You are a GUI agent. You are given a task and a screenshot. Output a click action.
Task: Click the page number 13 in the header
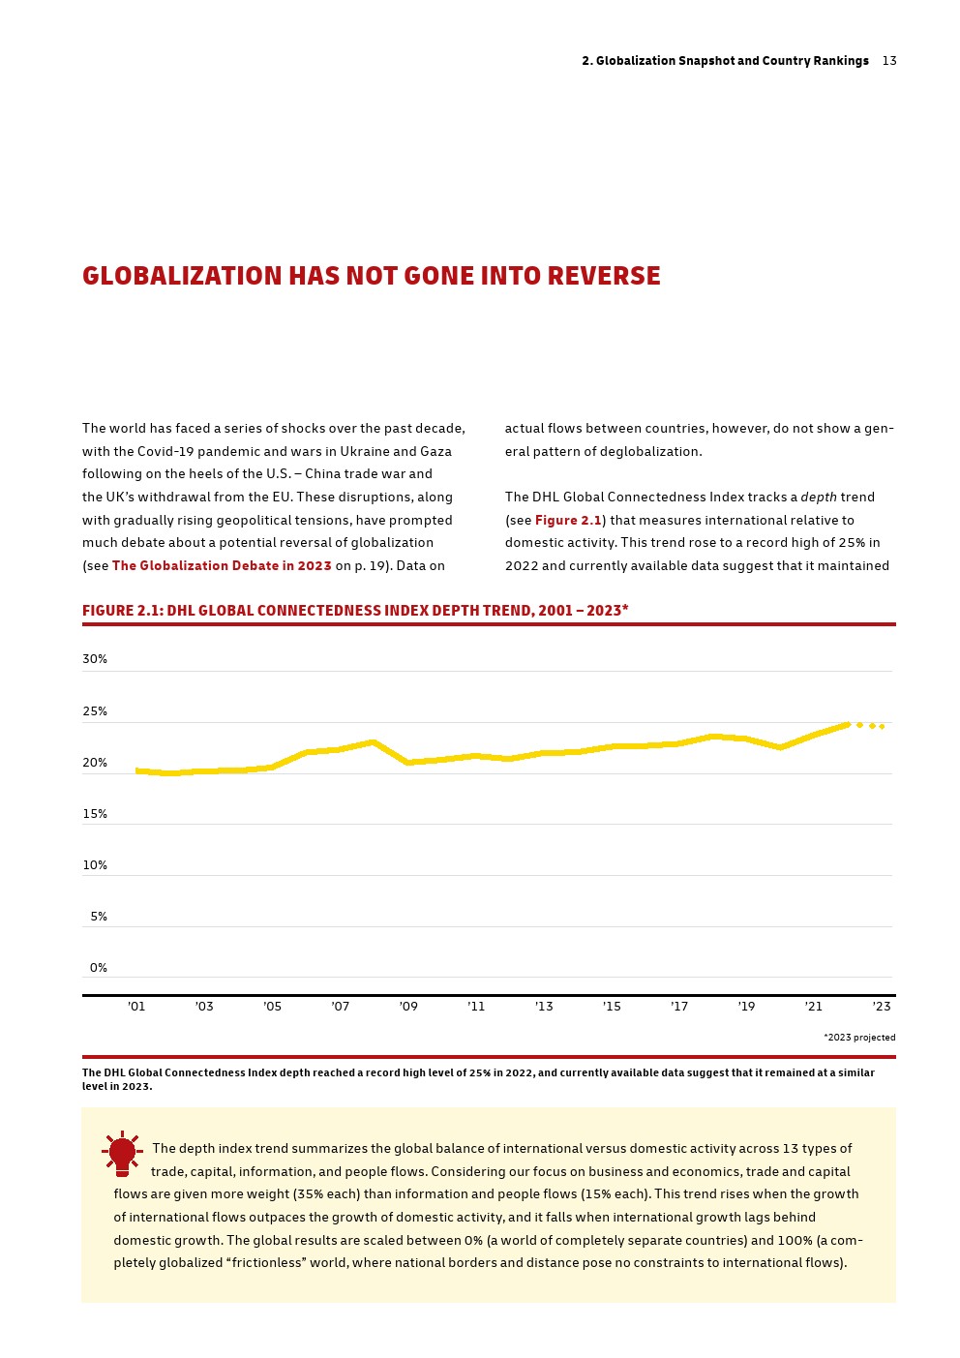(x=889, y=61)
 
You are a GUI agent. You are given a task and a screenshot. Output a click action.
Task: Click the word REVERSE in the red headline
(x=604, y=276)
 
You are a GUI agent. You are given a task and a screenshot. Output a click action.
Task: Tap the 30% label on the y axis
(x=95, y=659)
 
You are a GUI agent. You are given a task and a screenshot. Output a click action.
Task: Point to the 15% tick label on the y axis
(x=95, y=814)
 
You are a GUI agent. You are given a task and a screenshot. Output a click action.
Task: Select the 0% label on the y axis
(x=99, y=968)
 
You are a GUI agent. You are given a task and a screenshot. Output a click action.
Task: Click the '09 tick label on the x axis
(x=408, y=1007)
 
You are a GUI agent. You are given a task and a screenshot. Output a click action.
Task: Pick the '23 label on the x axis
(x=882, y=1007)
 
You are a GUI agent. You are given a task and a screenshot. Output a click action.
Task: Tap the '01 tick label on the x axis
(x=136, y=1007)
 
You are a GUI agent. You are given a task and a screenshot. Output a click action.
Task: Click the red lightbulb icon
(x=122, y=1153)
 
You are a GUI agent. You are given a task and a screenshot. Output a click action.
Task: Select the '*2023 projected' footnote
(x=859, y=1038)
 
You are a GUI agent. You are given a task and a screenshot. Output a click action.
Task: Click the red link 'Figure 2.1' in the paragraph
(x=568, y=521)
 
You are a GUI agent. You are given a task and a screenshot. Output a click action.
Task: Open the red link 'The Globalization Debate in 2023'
(x=222, y=566)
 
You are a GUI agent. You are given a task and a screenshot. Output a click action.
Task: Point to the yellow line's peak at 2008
(x=374, y=742)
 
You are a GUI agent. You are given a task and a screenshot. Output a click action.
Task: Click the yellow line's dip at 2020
(x=780, y=747)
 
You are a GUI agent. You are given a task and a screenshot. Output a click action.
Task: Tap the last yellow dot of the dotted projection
(x=882, y=726)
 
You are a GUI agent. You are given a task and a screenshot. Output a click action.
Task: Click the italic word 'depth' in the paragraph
(x=819, y=498)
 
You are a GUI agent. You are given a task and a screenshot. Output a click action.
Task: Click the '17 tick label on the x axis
(x=679, y=1007)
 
